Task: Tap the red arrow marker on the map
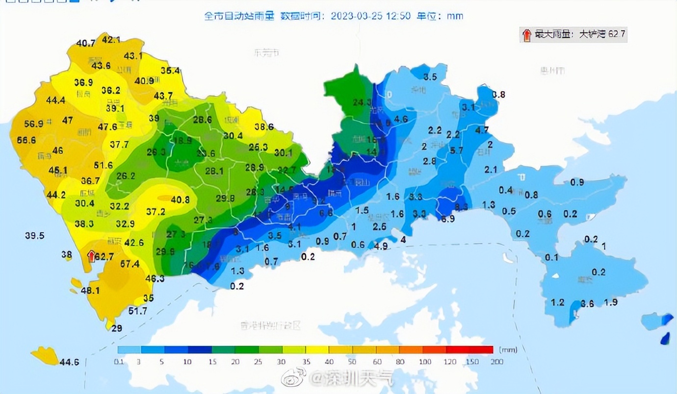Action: coord(91,255)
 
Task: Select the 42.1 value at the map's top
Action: coord(111,39)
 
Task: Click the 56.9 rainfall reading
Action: coord(34,124)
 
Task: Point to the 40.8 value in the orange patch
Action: coord(180,199)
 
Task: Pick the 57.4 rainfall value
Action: coord(130,264)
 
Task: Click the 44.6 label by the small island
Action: coord(69,362)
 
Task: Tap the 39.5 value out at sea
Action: coord(35,236)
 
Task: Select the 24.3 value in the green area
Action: coord(362,102)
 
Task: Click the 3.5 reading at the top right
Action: coord(430,76)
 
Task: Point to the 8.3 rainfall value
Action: coord(461,207)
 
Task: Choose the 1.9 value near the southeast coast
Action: coord(611,302)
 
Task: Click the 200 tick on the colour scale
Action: coord(496,362)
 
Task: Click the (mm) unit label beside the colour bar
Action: coord(506,350)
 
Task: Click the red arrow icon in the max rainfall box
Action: coord(526,34)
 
